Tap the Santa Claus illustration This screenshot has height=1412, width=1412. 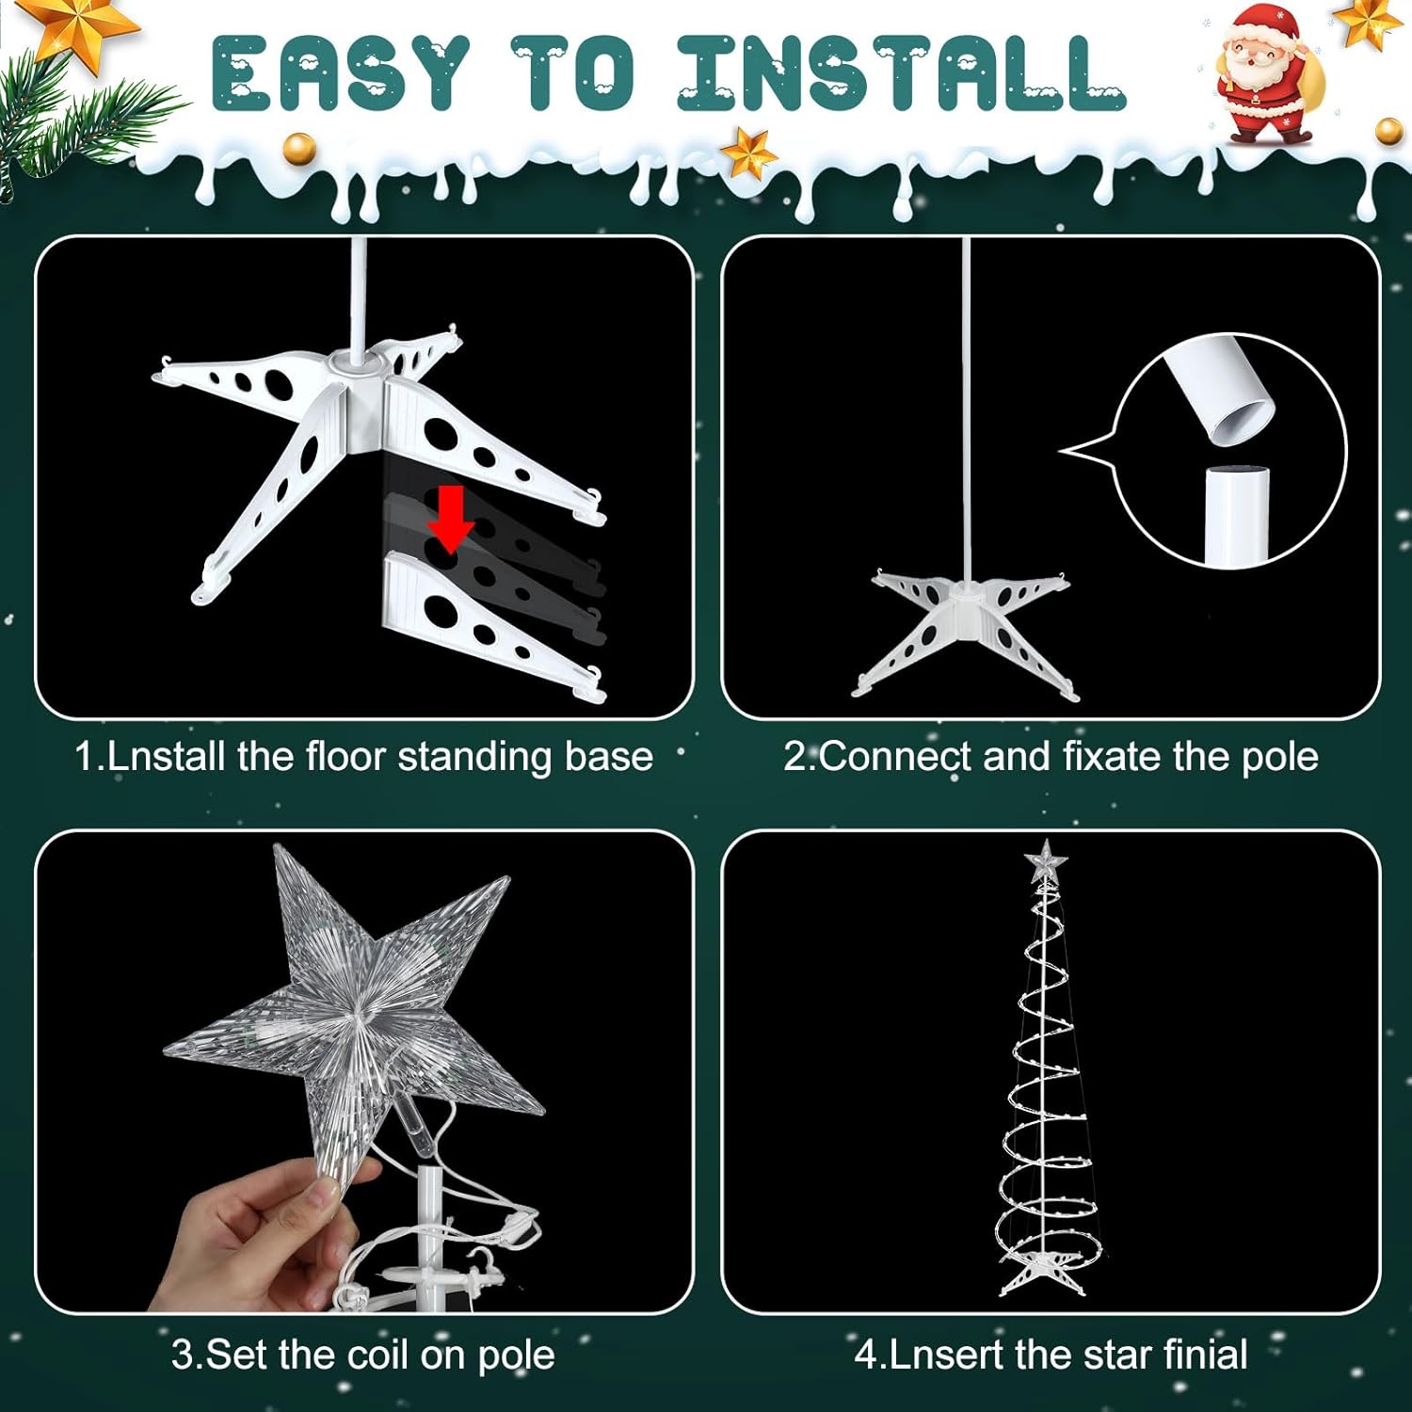pos(1266,75)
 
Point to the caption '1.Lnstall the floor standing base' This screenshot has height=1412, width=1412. pos(363,757)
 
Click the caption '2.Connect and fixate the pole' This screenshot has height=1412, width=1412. pos(1051,757)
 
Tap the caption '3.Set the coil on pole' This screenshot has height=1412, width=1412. pos(363,1355)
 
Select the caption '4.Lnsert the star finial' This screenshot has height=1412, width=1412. pos(1051,1355)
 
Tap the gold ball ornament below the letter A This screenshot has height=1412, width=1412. pos(299,148)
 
